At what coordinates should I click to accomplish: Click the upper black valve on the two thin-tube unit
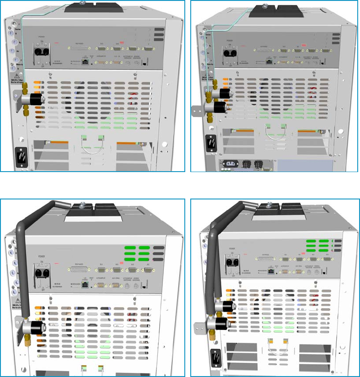[x=224, y=94]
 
